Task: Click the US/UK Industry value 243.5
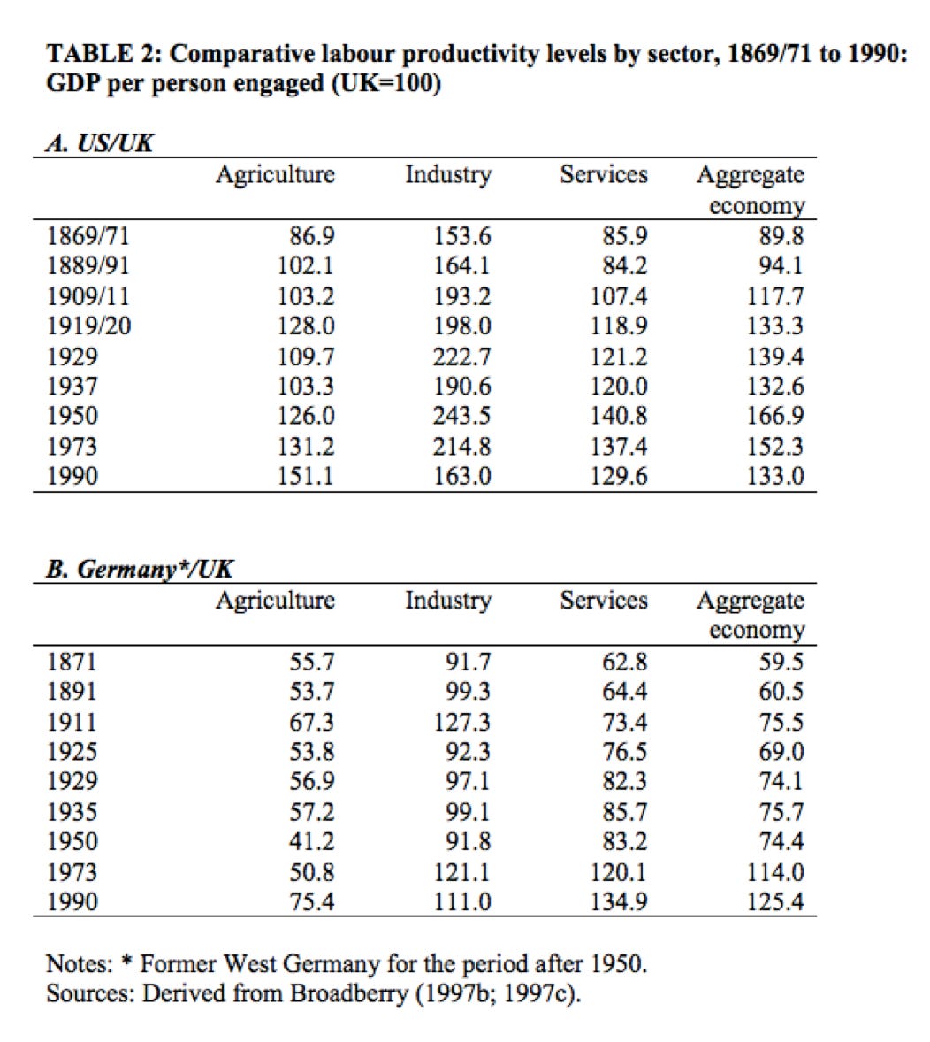tap(461, 416)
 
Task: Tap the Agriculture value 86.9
tap(312, 236)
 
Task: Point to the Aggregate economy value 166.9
tap(775, 416)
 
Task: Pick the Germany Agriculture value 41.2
tap(312, 841)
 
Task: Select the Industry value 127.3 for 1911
tap(461, 722)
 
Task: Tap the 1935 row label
tap(72, 811)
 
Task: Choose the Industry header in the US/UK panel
tap(447, 175)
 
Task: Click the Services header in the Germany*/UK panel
tap(604, 601)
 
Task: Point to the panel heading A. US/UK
tap(99, 143)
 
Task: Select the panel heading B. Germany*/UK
tap(140, 569)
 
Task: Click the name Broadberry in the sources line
tap(339, 993)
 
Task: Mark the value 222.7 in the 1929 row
tap(461, 356)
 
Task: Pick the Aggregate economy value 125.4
tap(775, 902)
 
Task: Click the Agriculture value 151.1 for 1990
tap(306, 476)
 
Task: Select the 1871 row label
tap(72, 662)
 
